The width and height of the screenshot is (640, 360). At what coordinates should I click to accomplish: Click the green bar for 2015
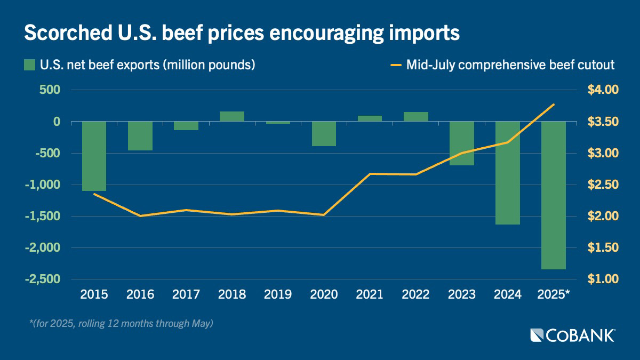[x=94, y=156]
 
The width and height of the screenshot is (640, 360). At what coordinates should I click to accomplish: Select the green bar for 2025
[x=554, y=195]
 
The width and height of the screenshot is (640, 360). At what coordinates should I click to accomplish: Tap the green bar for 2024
[x=508, y=173]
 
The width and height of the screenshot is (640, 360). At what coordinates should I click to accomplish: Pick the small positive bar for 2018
[x=232, y=116]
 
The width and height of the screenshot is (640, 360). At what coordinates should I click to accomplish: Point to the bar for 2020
[x=324, y=134]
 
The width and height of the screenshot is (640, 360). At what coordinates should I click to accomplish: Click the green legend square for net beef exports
[x=29, y=65]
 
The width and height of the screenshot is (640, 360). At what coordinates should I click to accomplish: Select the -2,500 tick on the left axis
[x=41, y=279]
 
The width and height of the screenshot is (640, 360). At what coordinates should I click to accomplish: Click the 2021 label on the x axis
[x=370, y=294]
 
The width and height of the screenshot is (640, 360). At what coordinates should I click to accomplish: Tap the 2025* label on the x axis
[x=555, y=294]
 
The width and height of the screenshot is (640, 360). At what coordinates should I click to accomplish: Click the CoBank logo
[x=573, y=335]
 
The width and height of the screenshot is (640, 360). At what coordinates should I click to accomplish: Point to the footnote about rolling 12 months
[x=122, y=323]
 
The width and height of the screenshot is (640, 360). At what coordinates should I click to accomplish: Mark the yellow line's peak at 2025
[x=554, y=105]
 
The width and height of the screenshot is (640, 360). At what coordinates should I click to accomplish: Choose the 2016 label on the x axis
[x=140, y=294]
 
